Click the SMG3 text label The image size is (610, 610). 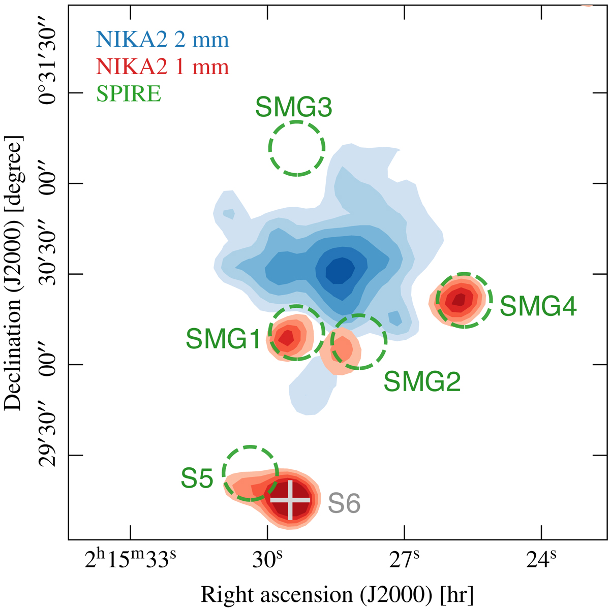(x=293, y=108)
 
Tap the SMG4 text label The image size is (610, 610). (x=538, y=306)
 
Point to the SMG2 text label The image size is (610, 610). (x=422, y=381)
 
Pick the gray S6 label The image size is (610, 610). (x=344, y=504)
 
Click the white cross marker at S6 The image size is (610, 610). (x=290, y=500)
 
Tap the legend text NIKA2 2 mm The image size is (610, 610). (x=162, y=40)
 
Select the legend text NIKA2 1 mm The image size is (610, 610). (x=162, y=67)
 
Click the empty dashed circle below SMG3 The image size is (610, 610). (x=296, y=148)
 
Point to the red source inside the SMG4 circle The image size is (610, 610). (x=460, y=300)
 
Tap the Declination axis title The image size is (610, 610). (x=14, y=273)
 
